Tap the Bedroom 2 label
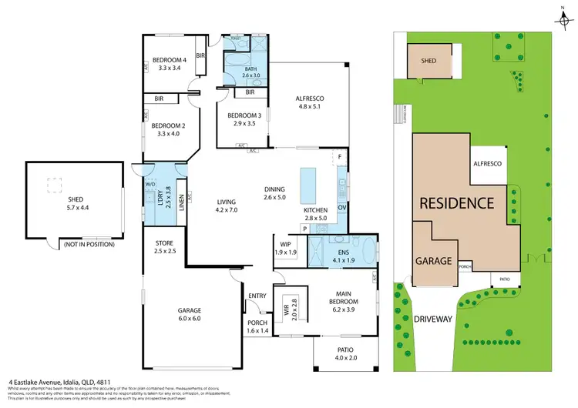point(167,125)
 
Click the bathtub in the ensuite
point(368,249)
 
